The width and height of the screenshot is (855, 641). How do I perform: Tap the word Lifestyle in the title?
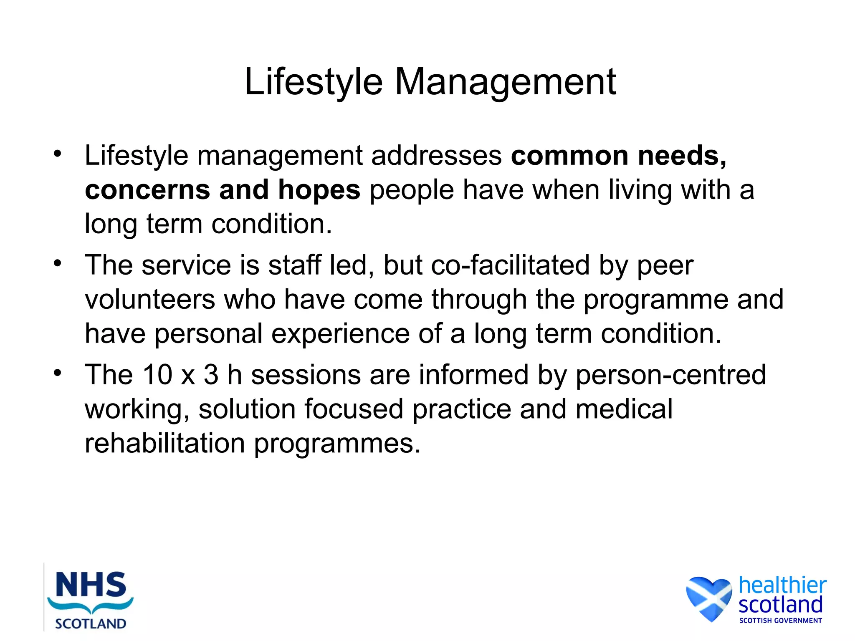click(313, 82)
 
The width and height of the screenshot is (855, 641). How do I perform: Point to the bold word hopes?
click(319, 190)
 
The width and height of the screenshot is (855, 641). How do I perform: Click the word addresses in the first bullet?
click(437, 156)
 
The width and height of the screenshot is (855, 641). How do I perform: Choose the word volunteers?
click(150, 300)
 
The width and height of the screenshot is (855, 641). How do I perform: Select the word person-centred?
click(671, 375)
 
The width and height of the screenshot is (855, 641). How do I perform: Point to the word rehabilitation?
click(164, 443)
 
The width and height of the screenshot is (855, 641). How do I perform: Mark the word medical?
click(624, 409)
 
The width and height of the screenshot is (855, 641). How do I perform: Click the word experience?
click(340, 334)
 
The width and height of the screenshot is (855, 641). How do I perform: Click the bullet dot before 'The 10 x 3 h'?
click(58, 373)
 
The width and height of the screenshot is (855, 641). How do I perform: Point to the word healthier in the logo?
click(782, 585)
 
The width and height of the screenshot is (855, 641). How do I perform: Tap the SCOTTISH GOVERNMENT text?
click(780, 621)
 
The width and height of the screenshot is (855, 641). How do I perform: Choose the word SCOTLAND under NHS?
click(91, 624)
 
